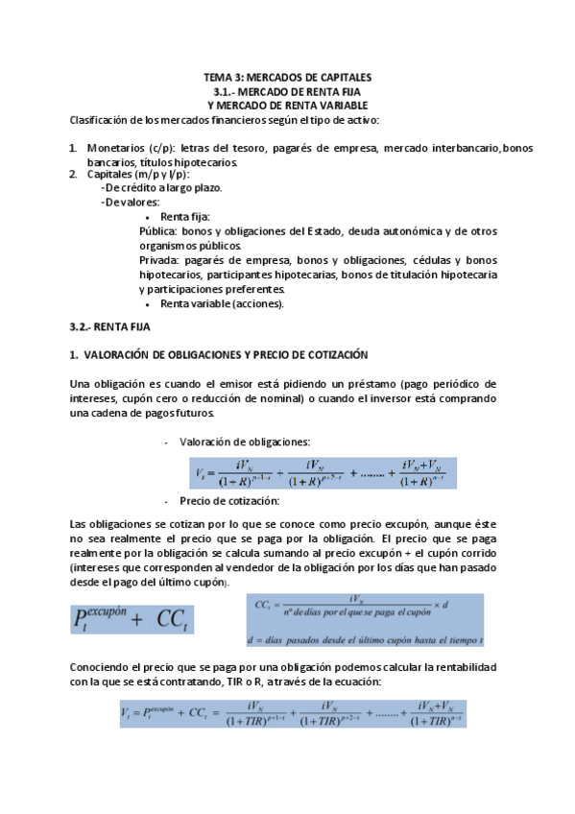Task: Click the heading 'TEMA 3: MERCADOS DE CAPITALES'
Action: pos(287,77)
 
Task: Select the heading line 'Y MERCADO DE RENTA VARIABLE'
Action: pos(287,105)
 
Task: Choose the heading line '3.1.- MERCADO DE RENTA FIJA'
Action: pos(287,91)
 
